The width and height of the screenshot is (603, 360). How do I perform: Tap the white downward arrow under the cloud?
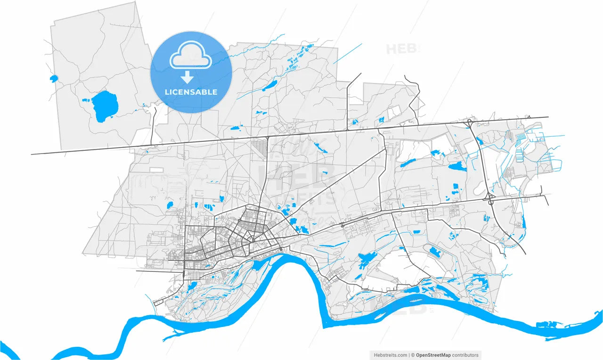(x=187, y=77)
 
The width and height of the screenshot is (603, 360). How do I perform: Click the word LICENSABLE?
(x=191, y=92)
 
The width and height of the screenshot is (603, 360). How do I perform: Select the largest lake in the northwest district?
(x=104, y=106)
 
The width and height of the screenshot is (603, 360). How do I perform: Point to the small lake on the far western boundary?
(x=54, y=78)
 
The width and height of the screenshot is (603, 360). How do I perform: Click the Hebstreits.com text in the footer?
(x=390, y=355)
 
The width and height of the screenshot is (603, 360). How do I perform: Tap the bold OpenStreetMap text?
(x=433, y=355)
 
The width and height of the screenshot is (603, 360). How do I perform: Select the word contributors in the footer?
(x=465, y=355)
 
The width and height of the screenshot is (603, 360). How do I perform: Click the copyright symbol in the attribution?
(x=413, y=355)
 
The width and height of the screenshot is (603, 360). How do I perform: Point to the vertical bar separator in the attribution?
(x=409, y=355)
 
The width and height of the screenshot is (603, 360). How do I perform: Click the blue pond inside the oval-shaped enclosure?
(x=435, y=253)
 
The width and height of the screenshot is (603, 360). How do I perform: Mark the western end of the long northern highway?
(x=32, y=154)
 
